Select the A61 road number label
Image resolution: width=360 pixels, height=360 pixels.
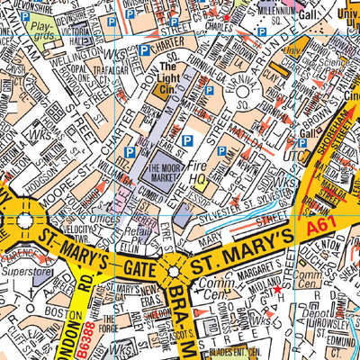[323, 230]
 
